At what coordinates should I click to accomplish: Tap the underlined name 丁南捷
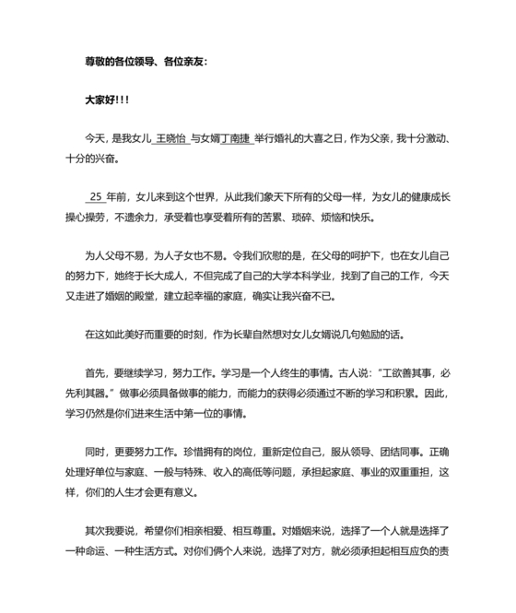point(236,138)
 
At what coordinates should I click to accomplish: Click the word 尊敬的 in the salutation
point(98,62)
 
